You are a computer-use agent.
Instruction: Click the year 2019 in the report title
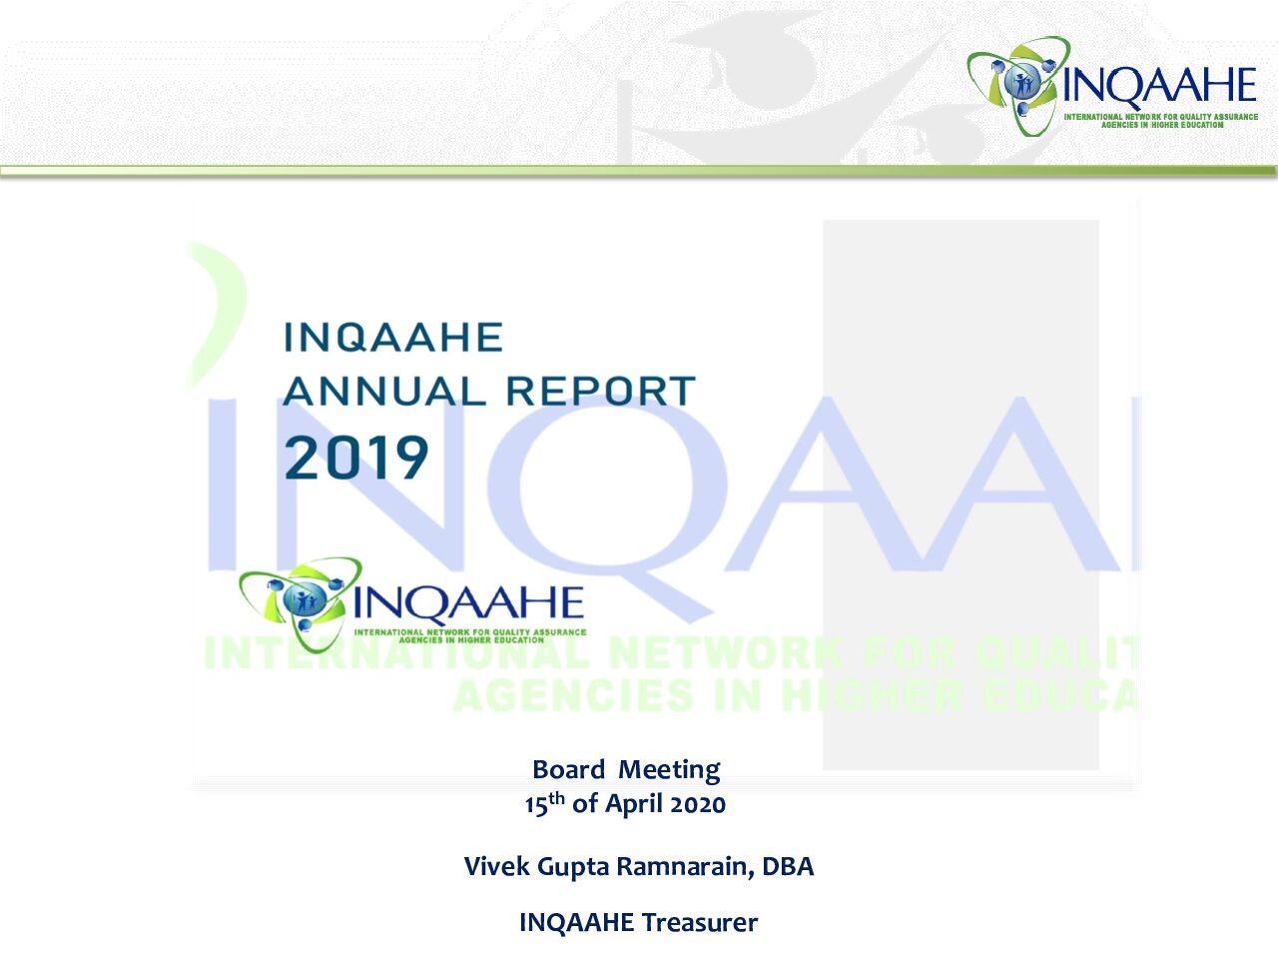(356, 458)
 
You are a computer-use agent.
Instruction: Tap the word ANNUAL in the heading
(384, 391)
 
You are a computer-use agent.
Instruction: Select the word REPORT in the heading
(601, 391)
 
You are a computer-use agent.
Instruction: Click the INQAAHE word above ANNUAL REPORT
(393, 337)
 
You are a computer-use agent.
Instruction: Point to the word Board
(569, 770)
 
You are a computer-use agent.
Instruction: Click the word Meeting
(670, 771)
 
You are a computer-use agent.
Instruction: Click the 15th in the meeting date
(544, 803)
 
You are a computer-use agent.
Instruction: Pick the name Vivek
(496, 866)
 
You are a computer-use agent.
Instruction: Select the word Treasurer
(700, 923)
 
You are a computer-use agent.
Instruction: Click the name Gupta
(573, 867)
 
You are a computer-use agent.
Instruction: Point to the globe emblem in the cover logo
(302, 600)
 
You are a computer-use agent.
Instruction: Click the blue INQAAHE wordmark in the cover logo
(468, 602)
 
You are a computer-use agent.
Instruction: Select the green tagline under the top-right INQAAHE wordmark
(1161, 121)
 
